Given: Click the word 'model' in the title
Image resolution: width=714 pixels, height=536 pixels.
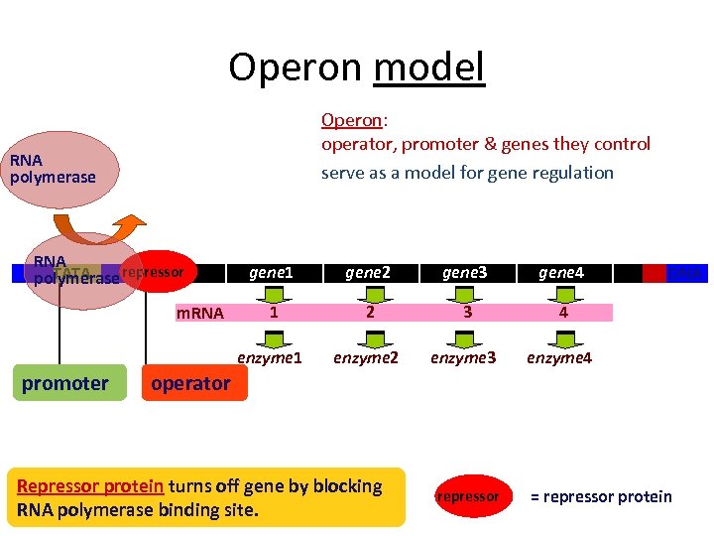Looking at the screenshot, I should coord(429,67).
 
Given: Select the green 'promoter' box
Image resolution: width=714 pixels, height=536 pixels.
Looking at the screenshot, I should coord(65,383).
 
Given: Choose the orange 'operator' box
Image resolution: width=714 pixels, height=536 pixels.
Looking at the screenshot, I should coord(189,383).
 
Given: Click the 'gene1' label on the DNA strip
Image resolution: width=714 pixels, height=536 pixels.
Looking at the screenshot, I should coord(271,272).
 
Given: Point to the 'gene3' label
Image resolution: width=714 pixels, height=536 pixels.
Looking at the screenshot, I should coord(465,272).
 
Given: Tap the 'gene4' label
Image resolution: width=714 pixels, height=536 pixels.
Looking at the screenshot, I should coord(561,272).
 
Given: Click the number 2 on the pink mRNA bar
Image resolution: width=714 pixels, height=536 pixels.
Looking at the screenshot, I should coord(369,312).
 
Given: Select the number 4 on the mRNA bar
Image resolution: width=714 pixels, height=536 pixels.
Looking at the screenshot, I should coord(562,312).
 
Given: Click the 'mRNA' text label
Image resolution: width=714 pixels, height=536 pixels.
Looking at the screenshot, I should coord(199,314).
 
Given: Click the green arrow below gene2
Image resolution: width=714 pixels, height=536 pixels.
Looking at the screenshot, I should coord(369,293).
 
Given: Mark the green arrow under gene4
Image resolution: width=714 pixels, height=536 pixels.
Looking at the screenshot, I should coord(563,293).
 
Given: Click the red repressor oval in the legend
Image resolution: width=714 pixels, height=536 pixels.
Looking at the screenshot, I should coord(468,495).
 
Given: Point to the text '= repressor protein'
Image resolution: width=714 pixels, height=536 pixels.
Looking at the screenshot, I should coord(601,496).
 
